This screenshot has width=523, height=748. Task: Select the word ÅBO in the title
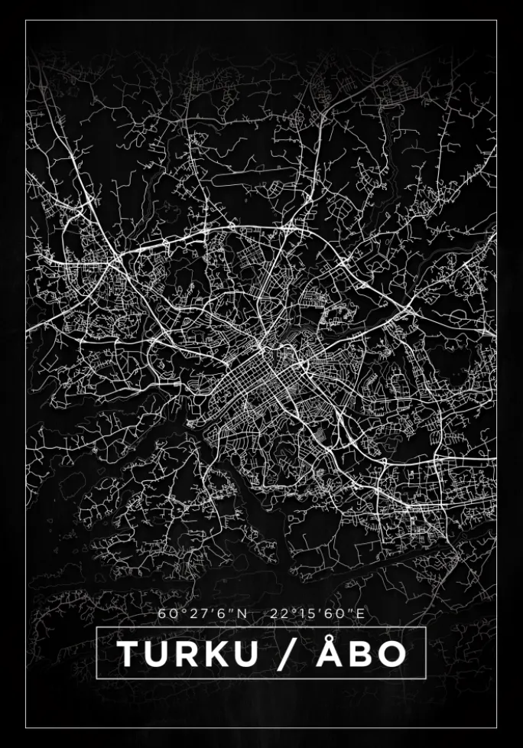coord(360,654)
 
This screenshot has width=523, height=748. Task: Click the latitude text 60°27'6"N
coord(203,613)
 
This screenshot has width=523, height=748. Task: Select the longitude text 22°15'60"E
coord(317,613)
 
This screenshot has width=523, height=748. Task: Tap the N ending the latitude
coord(242,613)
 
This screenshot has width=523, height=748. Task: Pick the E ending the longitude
coord(361,613)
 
